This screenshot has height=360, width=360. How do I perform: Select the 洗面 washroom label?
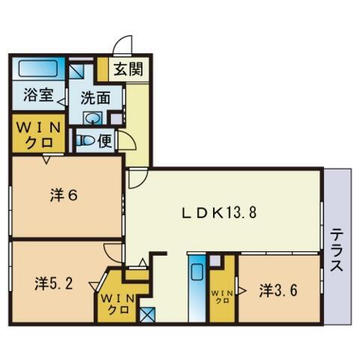97,97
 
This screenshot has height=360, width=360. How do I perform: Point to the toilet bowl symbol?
85,139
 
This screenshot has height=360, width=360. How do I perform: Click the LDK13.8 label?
223,211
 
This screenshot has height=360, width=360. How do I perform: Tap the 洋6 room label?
64,195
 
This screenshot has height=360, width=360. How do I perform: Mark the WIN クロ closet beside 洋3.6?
222,295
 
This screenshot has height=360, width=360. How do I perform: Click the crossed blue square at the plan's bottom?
147,314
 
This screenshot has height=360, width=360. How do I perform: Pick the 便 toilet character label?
105,139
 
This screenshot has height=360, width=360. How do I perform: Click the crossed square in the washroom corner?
78,71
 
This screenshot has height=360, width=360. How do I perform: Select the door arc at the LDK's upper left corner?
136,178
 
